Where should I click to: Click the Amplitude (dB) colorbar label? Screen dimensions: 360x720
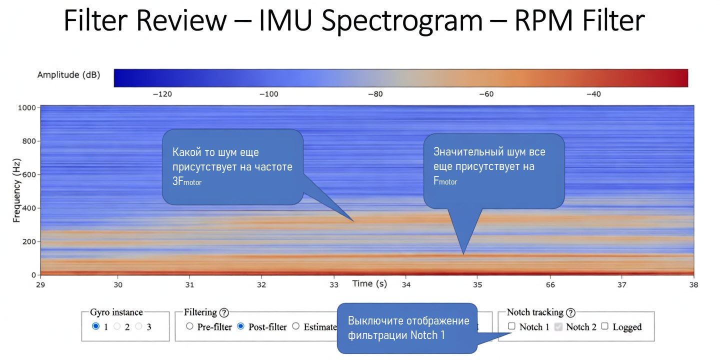[x=68, y=75]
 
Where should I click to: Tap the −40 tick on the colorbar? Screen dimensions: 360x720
[x=593, y=94]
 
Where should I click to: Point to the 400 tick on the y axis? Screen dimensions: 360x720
[x=29, y=208]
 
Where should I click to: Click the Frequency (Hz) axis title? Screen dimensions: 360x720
[x=16, y=190]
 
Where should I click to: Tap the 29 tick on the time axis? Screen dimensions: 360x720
[x=40, y=284]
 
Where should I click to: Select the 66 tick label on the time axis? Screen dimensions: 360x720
[x=550, y=284]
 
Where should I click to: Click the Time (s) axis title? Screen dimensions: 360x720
[x=369, y=283]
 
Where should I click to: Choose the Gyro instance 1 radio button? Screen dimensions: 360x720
[x=96, y=326]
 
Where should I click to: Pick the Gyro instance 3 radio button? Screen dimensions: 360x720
[x=139, y=326]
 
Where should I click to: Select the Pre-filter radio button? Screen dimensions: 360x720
[x=189, y=326]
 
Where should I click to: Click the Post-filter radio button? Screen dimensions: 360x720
[x=240, y=326]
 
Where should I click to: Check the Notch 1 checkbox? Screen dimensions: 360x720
[x=511, y=326]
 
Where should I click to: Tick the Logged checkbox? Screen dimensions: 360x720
[x=605, y=326]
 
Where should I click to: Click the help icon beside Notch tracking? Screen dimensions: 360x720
[x=570, y=312]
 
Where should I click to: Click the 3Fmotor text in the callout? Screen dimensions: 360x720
[x=187, y=182]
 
